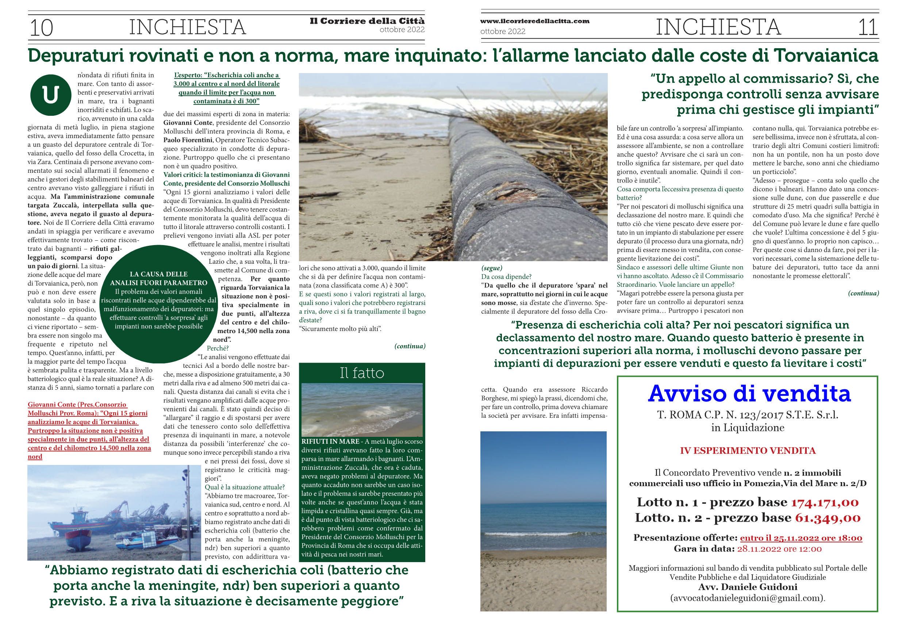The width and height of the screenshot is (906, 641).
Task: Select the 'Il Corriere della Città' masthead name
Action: coord(367,21)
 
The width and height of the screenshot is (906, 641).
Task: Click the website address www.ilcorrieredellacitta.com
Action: coord(535,21)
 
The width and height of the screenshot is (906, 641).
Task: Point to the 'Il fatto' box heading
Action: coord(362,373)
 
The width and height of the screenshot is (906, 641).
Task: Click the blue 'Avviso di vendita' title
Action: coord(749,394)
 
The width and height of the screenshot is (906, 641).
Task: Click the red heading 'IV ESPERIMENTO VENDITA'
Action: coord(748,451)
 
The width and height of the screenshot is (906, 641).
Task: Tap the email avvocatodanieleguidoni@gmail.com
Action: coord(748,598)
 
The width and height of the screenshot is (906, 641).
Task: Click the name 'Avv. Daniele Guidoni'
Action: coord(748,587)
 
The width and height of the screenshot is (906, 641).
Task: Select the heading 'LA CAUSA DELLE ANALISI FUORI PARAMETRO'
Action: coord(159,278)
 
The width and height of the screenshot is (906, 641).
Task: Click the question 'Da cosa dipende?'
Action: coord(506,276)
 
